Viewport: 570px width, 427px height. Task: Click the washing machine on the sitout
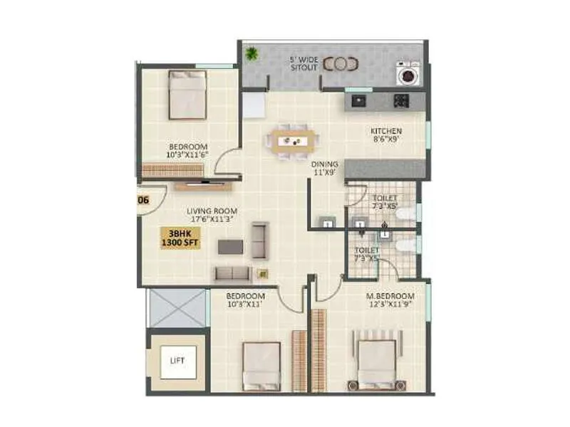(408, 73)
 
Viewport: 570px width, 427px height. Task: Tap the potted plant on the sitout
(251, 53)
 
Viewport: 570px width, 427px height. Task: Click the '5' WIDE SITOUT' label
(304, 62)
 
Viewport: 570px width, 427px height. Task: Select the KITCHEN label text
(386, 131)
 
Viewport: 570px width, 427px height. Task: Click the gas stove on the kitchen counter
(400, 100)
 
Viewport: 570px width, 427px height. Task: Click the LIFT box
(177, 361)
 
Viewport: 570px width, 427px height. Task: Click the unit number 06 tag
(143, 200)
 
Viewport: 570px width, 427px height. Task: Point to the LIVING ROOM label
(212, 211)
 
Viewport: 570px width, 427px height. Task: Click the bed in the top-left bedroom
(187, 94)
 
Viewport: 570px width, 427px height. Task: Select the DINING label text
(324, 164)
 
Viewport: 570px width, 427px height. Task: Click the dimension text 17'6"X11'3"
(212, 220)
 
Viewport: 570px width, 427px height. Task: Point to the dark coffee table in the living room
(230, 246)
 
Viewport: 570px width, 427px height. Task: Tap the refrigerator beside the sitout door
(253, 105)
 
